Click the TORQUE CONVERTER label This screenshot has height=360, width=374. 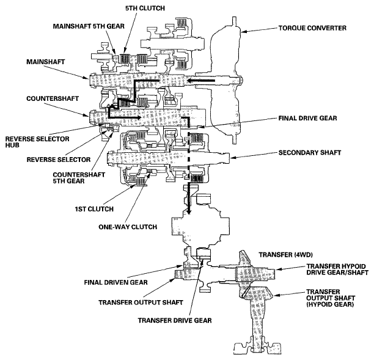pyautogui.click(x=312, y=28)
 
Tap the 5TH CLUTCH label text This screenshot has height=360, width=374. pyautogui.click(x=145, y=8)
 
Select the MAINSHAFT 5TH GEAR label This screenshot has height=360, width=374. pyautogui.click(x=89, y=26)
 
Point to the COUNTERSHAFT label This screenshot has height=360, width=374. pyautogui.click(x=53, y=98)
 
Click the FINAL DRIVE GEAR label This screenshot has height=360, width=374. pyautogui.click(x=307, y=118)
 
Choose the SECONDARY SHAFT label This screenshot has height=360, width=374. pyautogui.click(x=310, y=152)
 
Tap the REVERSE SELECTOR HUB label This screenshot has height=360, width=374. pyautogui.click(x=37, y=142)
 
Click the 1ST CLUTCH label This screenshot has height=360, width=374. pyautogui.click(x=94, y=209)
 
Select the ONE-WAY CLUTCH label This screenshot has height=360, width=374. pyautogui.click(x=128, y=227)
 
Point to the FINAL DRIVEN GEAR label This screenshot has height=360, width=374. pyautogui.click(x=116, y=282)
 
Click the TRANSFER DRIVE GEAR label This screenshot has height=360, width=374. pyautogui.click(x=175, y=320)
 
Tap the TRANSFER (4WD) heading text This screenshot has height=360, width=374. pyautogui.click(x=286, y=255)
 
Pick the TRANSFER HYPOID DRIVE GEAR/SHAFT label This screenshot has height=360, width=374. pyautogui.click(x=337, y=270)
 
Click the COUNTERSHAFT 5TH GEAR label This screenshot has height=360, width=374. pyautogui.click(x=79, y=178)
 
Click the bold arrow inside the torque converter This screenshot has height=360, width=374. pyautogui.click(x=201, y=81)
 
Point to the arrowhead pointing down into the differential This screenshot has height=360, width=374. pyautogui.click(x=189, y=211)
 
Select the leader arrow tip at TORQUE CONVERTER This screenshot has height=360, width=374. pyautogui.click(x=242, y=32)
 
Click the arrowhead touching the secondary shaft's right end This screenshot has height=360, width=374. pyautogui.click(x=232, y=158)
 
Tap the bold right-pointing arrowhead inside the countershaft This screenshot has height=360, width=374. pyautogui.click(x=138, y=117)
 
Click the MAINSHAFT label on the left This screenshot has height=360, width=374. pyautogui.click(x=46, y=62)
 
